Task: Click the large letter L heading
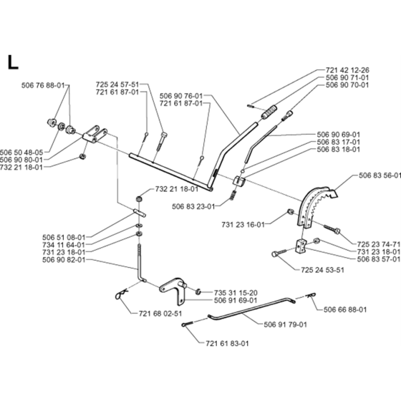[x=13, y=62]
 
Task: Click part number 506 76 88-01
[x=43, y=85]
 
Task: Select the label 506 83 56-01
[x=380, y=175]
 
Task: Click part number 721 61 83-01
[x=227, y=343]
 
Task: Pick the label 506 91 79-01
[x=286, y=324]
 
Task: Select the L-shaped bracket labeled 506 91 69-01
[x=173, y=291]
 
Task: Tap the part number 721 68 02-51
[x=160, y=314]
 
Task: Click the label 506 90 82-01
[x=64, y=259]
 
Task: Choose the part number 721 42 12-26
[x=347, y=70]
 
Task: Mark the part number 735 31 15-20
[x=236, y=293]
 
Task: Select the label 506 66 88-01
[x=345, y=309]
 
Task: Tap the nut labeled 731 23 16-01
[x=290, y=211]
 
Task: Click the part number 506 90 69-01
[x=338, y=135]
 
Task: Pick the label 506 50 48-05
[x=21, y=153]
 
